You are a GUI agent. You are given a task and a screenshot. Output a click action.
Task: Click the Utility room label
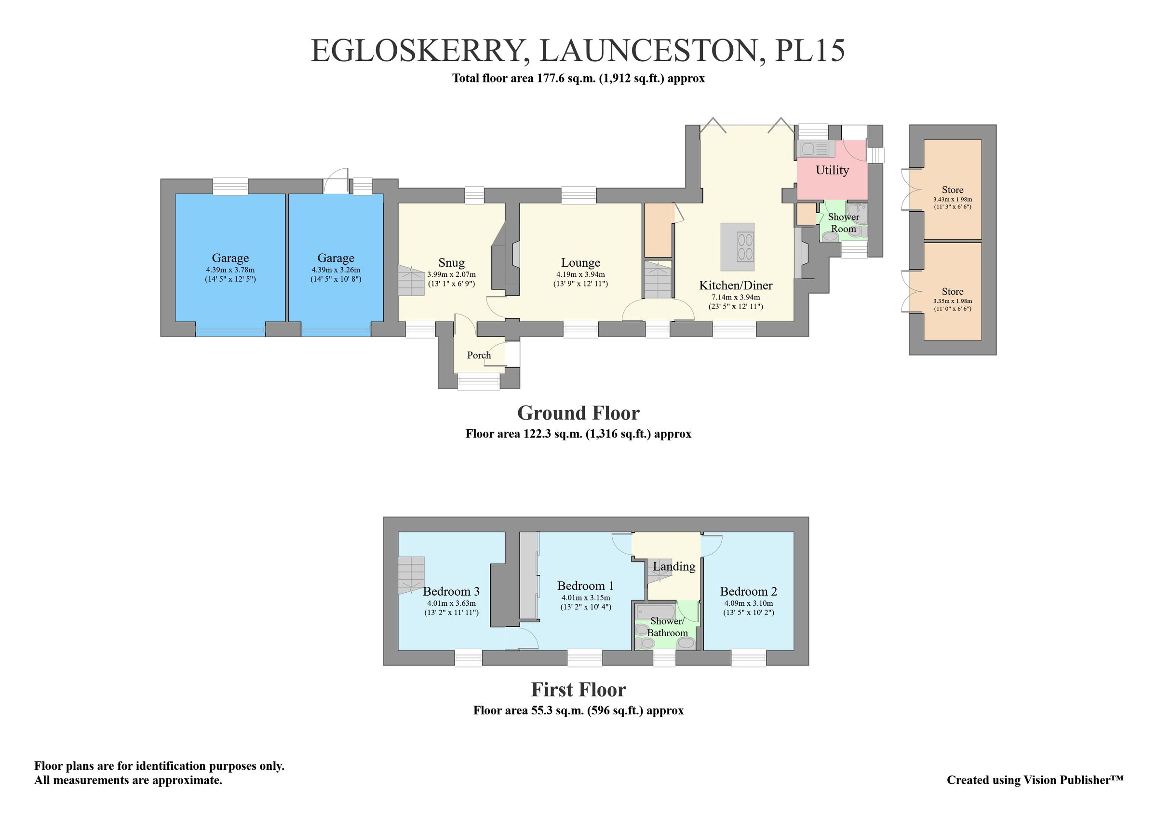tap(832, 170)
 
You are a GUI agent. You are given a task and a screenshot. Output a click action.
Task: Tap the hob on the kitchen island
tap(745, 247)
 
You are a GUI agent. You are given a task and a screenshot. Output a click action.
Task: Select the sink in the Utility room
tap(814, 149)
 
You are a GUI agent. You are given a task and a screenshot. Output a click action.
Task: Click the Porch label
tap(478, 355)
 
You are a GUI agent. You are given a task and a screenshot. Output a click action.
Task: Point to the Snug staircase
tap(412, 281)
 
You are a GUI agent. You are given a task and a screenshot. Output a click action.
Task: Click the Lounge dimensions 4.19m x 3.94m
tap(580, 275)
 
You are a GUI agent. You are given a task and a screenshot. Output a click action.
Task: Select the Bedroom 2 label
tap(748, 591)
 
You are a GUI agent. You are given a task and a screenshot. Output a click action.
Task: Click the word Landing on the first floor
tap(674, 567)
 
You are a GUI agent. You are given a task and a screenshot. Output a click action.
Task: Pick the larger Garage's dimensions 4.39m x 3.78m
tap(230, 270)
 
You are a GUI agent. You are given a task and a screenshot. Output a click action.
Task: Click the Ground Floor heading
tap(578, 413)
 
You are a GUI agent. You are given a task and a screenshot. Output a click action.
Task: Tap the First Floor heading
tap(578, 690)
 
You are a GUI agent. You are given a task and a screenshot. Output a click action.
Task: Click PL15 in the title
tap(809, 52)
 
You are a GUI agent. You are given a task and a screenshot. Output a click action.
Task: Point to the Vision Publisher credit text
tap(1035, 780)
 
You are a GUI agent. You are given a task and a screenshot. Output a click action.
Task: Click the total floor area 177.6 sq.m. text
tap(578, 79)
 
